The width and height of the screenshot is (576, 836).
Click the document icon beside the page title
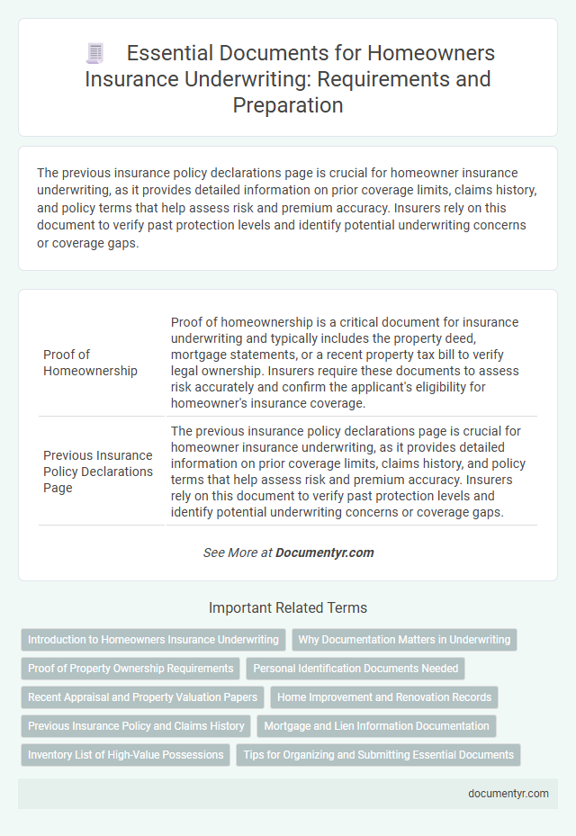[x=95, y=54]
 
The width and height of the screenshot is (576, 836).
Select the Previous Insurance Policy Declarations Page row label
[x=98, y=471]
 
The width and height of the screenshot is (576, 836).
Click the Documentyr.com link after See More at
[x=325, y=553]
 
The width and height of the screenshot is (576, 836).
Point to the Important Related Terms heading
[x=288, y=607]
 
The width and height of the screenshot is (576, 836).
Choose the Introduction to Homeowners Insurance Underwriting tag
[x=153, y=640]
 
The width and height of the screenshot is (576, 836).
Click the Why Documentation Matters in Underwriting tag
[x=405, y=640]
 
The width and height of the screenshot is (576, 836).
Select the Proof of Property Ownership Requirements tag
[x=130, y=669]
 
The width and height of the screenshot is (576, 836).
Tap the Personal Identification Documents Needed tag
[x=356, y=669]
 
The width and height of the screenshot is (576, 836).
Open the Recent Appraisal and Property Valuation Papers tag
[x=142, y=697]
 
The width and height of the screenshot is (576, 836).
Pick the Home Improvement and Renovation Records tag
[x=384, y=697]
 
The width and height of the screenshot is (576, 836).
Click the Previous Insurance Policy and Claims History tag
[x=136, y=726]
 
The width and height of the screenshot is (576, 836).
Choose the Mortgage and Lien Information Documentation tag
[x=376, y=726]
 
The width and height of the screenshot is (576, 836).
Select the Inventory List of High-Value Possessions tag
[x=126, y=755]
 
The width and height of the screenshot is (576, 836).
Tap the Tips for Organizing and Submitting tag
[x=378, y=755]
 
